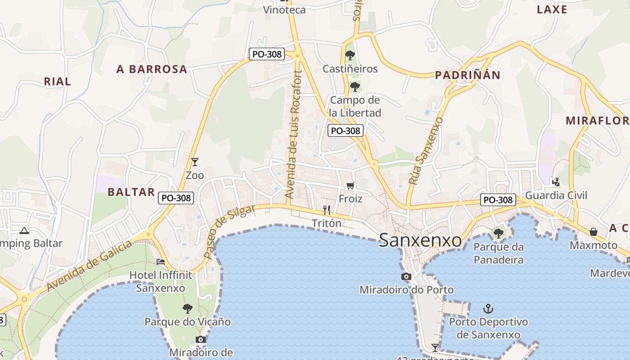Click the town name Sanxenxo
[420, 240]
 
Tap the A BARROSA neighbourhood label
[152, 69]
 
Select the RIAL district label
[57, 81]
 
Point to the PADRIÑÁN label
[468, 75]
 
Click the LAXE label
[552, 9]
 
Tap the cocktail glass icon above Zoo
[195, 162]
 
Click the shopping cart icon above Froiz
[351, 185]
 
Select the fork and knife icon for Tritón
[327, 210]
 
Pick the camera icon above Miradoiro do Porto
[406, 276]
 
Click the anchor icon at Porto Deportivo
[488, 309]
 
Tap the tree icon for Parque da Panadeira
[498, 233]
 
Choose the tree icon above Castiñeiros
[350, 55]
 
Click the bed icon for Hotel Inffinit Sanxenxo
[160, 261]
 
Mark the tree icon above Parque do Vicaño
[187, 308]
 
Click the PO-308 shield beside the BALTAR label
[176, 198]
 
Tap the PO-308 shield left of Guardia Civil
[497, 200]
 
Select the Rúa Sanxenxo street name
[426, 151]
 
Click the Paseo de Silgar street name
[229, 231]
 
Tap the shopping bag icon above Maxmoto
[594, 232]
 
